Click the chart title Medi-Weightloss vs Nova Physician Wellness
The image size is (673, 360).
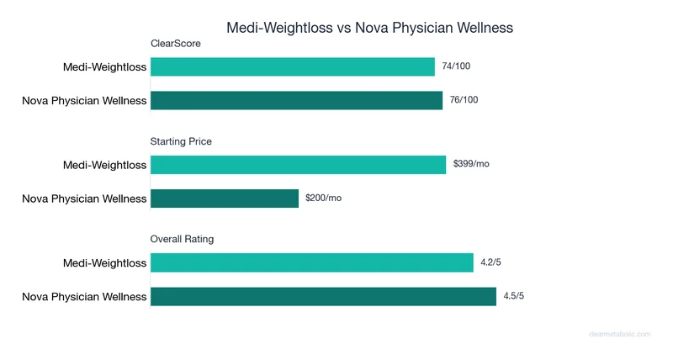tap(369, 27)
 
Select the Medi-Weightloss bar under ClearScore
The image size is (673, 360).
tap(293, 67)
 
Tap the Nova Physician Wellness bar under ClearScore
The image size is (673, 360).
tap(296, 101)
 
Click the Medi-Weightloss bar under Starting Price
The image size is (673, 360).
tap(298, 165)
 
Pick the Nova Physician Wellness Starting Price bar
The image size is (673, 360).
tap(225, 199)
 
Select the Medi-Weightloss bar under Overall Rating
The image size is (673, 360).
tap(311, 262)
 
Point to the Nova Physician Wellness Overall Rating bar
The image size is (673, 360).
tap(323, 296)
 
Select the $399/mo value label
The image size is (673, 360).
tap(471, 164)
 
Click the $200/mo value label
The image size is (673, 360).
tap(323, 198)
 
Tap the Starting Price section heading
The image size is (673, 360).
tap(181, 141)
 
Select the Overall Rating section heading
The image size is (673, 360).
tap(182, 239)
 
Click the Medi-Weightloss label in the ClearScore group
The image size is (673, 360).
tap(104, 67)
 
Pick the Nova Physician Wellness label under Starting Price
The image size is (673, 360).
tap(84, 199)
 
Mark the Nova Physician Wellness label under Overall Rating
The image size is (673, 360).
tap(84, 296)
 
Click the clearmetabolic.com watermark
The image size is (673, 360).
tap(619, 334)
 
